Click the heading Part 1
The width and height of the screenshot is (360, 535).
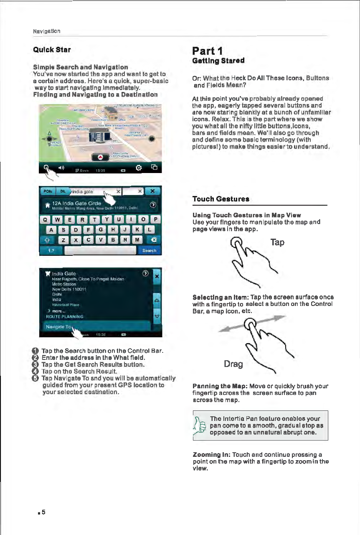click(x=210, y=51)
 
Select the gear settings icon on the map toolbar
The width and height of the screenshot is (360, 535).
click(x=139, y=168)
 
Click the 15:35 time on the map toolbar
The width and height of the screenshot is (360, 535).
click(x=100, y=170)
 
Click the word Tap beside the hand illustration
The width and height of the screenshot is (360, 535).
click(x=277, y=242)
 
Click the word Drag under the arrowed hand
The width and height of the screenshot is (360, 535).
click(x=233, y=364)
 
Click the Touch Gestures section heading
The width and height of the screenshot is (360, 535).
click(x=221, y=199)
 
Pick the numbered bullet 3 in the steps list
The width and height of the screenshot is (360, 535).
click(x=36, y=364)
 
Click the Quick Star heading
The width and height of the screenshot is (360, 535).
click(x=52, y=50)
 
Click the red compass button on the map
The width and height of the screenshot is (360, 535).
click(x=100, y=157)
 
